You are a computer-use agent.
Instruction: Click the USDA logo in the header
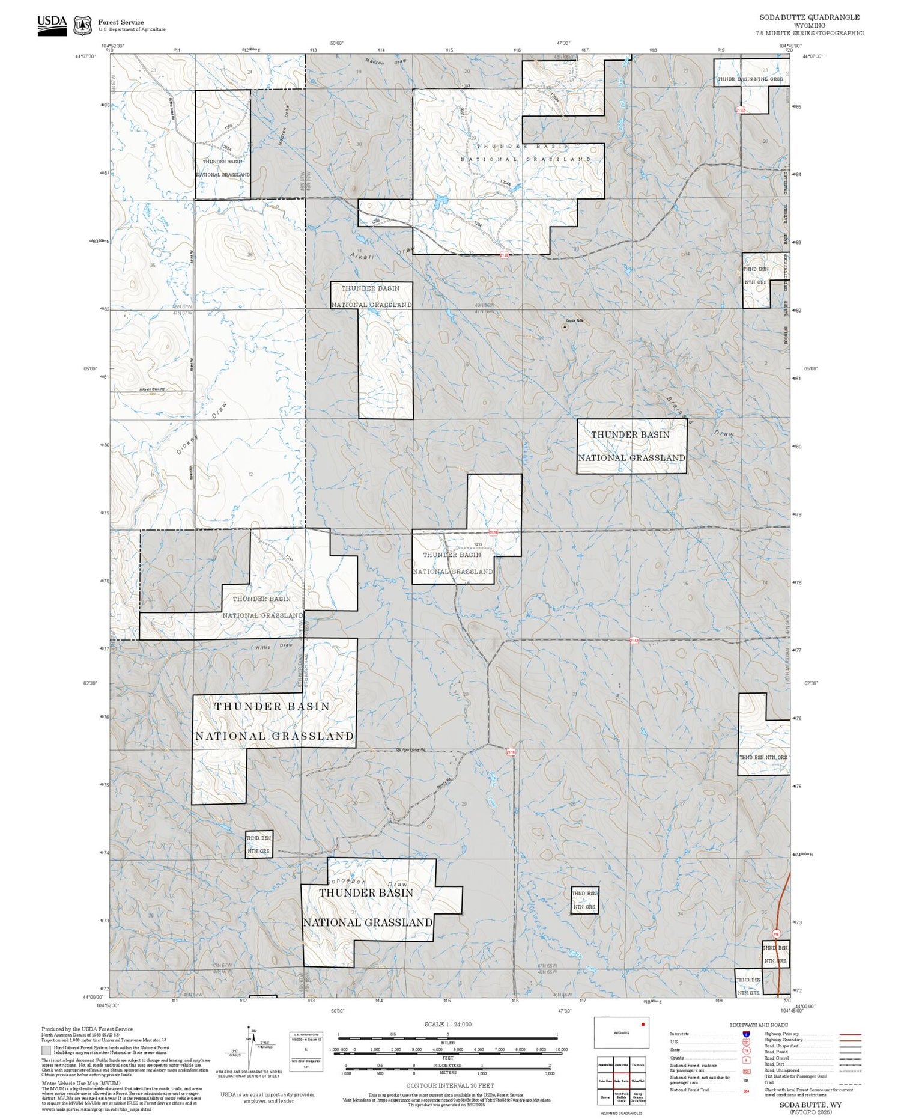tap(52, 25)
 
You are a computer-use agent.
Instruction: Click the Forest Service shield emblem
tap(82, 25)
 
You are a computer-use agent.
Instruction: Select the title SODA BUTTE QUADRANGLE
tap(808, 17)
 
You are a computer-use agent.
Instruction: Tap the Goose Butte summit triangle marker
tap(565, 327)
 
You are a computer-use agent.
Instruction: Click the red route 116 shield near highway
tap(775, 933)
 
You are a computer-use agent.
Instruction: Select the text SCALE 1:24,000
tap(447, 1025)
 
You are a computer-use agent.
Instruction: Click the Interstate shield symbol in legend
tap(746, 1034)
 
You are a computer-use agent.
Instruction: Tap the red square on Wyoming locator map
tap(643, 1024)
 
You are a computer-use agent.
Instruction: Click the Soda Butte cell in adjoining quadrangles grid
tap(621, 1081)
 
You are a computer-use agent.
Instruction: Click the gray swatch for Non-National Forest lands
tap(46, 1050)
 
